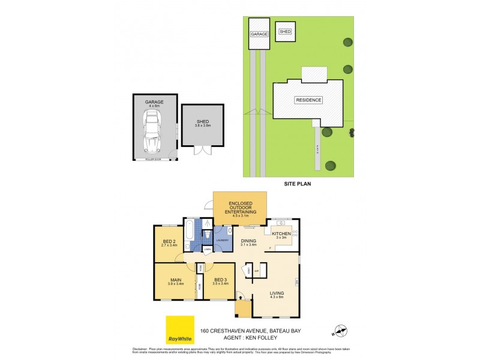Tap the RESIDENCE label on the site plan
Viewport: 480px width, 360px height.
click(x=308, y=100)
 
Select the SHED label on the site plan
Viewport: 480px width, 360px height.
click(x=285, y=31)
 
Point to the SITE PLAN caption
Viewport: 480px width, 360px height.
click(x=297, y=185)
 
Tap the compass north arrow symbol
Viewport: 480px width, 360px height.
click(x=340, y=329)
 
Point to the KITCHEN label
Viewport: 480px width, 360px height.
click(x=281, y=233)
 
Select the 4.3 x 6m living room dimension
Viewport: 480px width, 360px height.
click(x=277, y=298)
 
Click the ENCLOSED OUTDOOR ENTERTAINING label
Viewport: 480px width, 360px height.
click(x=240, y=208)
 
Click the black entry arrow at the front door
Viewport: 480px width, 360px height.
click(x=241, y=296)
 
